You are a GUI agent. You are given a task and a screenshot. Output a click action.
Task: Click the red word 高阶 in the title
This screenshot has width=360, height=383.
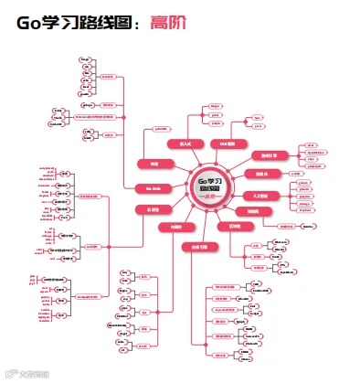(171, 23)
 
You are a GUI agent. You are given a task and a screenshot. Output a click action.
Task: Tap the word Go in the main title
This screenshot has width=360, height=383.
(32, 23)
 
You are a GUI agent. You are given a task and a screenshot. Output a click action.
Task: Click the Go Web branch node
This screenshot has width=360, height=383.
(154, 187)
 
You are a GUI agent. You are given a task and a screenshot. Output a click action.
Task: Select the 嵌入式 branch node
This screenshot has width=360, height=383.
(186, 144)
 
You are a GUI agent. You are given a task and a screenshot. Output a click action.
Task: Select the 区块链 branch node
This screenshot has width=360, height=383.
(235, 225)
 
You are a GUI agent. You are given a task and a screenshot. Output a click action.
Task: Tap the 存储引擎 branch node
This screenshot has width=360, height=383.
(199, 247)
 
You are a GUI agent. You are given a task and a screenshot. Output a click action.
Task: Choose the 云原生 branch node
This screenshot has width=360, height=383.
(153, 209)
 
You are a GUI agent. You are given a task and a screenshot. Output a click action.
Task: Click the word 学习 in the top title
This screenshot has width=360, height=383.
(67, 23)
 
